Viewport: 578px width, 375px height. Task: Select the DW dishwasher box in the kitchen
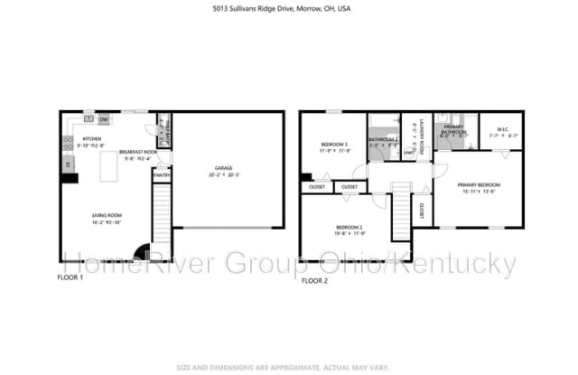pyautogui.click(x=104, y=118)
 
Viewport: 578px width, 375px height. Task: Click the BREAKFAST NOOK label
pyautogui.click(x=137, y=152)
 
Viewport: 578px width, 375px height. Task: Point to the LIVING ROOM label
pyautogui.click(x=107, y=215)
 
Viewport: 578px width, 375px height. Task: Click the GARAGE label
pyautogui.click(x=223, y=168)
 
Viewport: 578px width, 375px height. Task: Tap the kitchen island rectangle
pyautogui.click(x=111, y=165)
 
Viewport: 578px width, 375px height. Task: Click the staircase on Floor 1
pyautogui.click(x=162, y=212)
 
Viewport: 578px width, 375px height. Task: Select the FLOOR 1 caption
pyautogui.click(x=70, y=279)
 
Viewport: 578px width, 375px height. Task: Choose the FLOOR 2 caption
pyautogui.click(x=315, y=280)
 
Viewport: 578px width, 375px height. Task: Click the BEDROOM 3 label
pyautogui.click(x=333, y=144)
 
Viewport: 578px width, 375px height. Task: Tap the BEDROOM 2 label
pyautogui.click(x=349, y=227)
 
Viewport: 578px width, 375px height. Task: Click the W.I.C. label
pyautogui.click(x=503, y=130)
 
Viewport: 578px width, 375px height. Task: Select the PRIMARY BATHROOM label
pyautogui.click(x=453, y=129)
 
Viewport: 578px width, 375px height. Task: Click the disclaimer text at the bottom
pyautogui.click(x=289, y=366)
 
